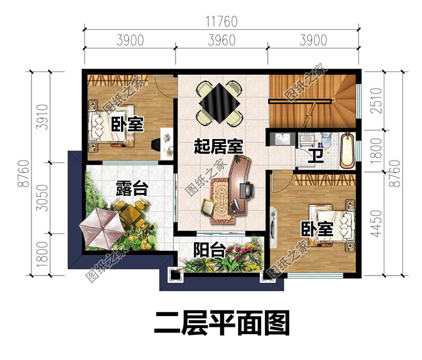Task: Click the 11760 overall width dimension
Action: (221, 22)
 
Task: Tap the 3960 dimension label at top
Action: (221, 40)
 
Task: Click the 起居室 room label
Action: (218, 148)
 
